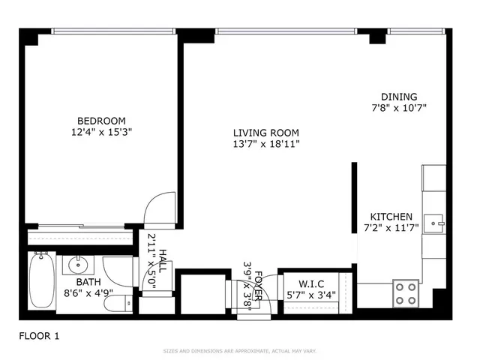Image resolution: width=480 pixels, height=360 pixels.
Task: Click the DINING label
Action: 399,97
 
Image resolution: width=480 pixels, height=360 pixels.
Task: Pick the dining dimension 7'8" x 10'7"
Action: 399,107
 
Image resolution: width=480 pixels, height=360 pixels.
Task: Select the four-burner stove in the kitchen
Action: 406,292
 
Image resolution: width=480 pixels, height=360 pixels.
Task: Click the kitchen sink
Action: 435,223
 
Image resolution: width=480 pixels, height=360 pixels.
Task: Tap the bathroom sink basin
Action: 77,265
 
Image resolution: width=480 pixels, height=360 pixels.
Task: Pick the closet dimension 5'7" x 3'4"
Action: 310,295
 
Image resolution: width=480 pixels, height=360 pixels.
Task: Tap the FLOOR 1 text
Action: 39,337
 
